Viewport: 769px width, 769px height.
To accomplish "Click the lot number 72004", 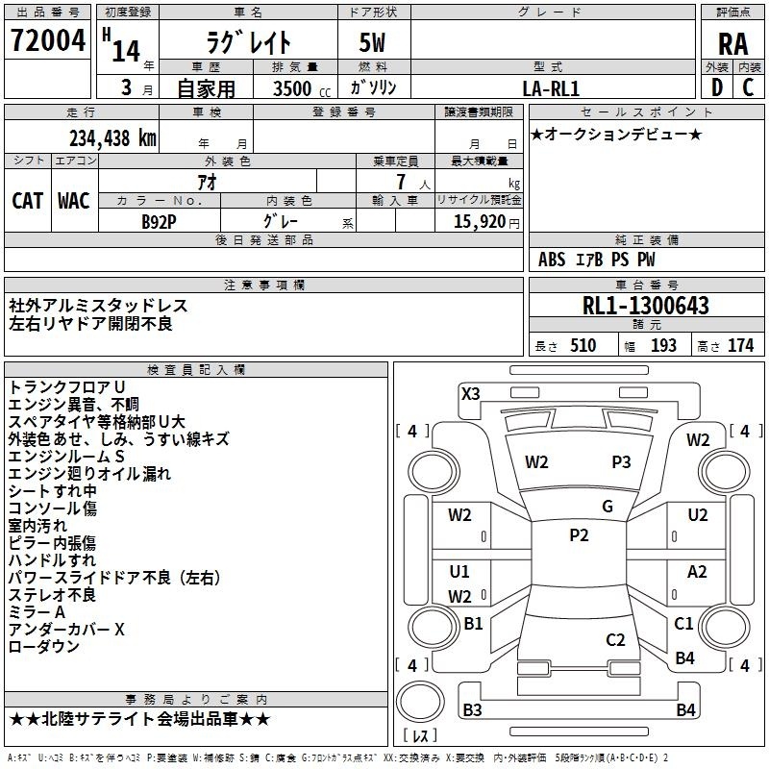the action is (47, 40).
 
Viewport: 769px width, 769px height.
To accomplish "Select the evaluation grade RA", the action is (732, 44).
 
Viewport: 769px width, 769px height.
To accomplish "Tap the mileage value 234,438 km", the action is (112, 138).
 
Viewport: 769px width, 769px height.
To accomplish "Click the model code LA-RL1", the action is (551, 88).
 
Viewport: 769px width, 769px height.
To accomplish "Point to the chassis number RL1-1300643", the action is (645, 306).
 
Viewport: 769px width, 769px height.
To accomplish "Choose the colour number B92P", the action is (159, 222).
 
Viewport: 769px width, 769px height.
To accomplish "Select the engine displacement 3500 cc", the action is (302, 88).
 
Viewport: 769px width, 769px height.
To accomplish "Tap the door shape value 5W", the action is (372, 42).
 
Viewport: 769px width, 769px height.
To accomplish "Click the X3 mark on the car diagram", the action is (471, 394).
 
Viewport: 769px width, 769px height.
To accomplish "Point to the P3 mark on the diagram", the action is (621, 461).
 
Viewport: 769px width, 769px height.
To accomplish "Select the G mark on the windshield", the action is (608, 507).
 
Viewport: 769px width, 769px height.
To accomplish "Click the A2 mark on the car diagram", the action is (697, 571).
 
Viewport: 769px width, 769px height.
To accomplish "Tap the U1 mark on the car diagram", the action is (459, 571).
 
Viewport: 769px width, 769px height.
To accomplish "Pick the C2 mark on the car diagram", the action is (615, 639).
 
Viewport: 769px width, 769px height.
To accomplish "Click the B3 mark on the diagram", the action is (472, 709).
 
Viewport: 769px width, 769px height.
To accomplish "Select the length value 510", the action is (583, 346).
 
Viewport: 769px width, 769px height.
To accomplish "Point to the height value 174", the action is (740, 346).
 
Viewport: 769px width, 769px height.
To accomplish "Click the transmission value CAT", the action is (28, 201).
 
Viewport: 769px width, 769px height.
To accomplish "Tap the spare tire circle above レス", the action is (420, 701).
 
